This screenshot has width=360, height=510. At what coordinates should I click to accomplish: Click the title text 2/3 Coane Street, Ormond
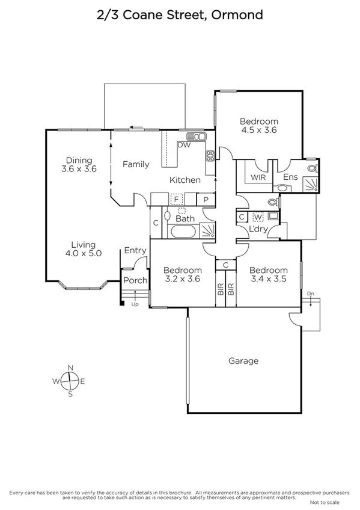pos(180,15)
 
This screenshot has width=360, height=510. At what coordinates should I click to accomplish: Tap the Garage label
pos(243,361)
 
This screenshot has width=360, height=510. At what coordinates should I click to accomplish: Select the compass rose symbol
pos(70,381)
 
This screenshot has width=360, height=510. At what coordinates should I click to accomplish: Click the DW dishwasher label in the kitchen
pos(184,145)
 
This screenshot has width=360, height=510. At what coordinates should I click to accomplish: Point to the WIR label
pos(258,177)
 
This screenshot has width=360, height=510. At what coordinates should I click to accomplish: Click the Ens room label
pos(290,177)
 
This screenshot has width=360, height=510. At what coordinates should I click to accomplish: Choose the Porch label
pos(135,280)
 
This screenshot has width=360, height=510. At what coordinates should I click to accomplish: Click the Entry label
pos(135,251)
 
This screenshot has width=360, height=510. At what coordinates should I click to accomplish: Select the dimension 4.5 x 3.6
pos(258,129)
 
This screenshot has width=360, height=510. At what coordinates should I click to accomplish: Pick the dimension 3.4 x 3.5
pos(268,279)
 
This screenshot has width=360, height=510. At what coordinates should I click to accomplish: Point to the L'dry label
pos(258,230)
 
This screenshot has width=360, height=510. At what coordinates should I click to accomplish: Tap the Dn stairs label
pos(310,293)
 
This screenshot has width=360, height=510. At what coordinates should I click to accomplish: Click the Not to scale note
pos(325,501)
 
